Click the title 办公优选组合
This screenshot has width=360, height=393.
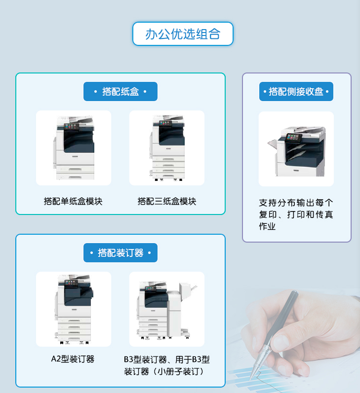coord(183,34)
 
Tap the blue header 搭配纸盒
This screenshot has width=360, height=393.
coord(120,92)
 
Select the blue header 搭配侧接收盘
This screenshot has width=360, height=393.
coord(296,92)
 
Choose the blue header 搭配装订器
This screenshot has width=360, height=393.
coord(120,252)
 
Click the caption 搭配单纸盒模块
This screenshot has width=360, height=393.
coord(73,201)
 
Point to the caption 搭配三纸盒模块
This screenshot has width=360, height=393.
coord(167,201)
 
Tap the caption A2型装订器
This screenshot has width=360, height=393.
coord(73,359)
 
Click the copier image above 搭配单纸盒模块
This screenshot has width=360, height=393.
coord(74,147)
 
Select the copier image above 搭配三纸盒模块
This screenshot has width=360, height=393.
coord(167,148)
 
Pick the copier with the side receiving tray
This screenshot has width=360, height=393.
coord(296,151)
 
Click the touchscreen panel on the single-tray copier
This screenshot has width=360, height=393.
coord(72,127)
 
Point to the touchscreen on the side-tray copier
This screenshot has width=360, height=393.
coord(294,138)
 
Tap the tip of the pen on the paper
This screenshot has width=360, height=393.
coord(251,379)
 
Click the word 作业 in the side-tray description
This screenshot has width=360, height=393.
coord(267,226)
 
